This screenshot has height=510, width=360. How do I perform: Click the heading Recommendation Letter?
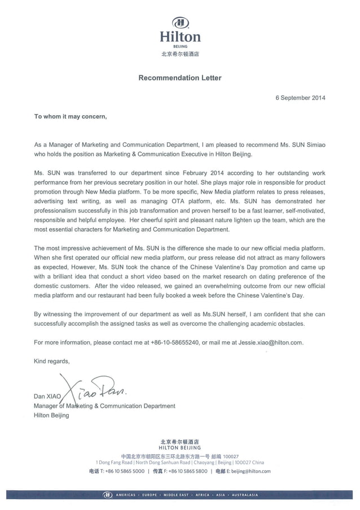click(x=180, y=78)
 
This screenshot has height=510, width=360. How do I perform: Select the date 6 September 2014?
click(x=300, y=98)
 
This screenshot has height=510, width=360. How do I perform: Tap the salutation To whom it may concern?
click(x=70, y=117)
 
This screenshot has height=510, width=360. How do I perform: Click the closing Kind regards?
click(x=52, y=361)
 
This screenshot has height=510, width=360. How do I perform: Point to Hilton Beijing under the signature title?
click(x=51, y=415)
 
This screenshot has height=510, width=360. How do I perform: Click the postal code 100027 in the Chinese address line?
click(x=231, y=456)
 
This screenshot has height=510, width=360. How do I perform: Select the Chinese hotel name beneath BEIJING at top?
click(x=180, y=55)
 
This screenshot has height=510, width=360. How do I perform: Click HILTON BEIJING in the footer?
click(x=180, y=447)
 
